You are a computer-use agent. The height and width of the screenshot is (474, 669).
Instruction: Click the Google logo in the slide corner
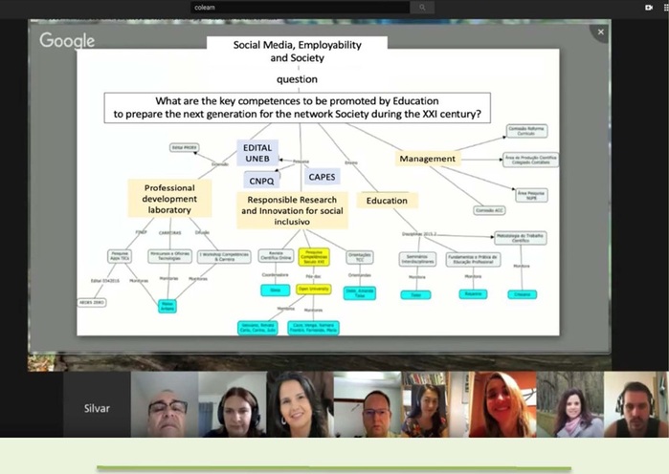tap(67, 40)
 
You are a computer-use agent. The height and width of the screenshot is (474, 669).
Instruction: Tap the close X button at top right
tap(600, 32)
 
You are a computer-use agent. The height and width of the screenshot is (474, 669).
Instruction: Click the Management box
tap(428, 159)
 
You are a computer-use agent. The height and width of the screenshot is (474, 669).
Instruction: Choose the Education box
tap(387, 201)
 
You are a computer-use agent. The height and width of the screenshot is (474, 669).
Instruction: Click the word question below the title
tap(297, 79)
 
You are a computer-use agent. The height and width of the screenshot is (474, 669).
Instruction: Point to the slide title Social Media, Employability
tap(297, 51)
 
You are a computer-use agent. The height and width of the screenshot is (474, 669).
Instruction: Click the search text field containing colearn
tap(297, 8)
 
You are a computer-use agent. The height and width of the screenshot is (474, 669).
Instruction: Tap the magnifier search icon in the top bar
tap(422, 8)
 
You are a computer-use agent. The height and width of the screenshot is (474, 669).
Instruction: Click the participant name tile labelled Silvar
tap(97, 408)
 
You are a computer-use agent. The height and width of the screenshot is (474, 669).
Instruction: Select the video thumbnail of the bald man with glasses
tap(164, 405)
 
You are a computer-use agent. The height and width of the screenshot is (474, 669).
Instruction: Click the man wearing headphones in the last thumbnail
tap(635, 405)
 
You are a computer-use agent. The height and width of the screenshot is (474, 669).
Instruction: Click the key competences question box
tap(297, 106)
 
